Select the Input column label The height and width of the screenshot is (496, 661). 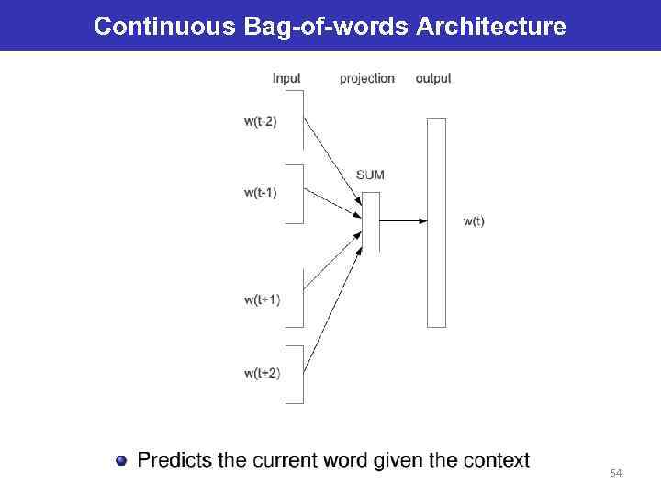pyautogui.click(x=286, y=78)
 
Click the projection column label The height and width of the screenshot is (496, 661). pyautogui.click(x=367, y=78)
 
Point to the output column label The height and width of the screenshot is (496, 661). pyautogui.click(x=433, y=78)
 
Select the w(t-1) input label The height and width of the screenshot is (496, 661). pyautogui.click(x=261, y=192)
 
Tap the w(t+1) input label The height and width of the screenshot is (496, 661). pyautogui.click(x=262, y=299)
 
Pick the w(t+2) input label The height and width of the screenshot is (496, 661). pyautogui.click(x=262, y=372)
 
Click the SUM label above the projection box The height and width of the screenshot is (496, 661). pyautogui.click(x=370, y=175)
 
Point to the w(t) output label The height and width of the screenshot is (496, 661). pyautogui.click(x=474, y=220)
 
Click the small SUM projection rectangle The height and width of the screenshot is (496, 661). pyautogui.click(x=371, y=220)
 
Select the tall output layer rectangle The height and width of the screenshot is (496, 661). pyautogui.click(x=436, y=222)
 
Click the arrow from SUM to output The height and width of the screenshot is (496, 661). pyautogui.click(x=402, y=220)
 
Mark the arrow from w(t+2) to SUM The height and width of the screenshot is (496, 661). pyautogui.click(x=332, y=303)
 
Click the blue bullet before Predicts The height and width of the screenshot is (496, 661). pyautogui.click(x=121, y=459)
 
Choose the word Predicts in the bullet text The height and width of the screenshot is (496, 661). pyautogui.click(x=174, y=459)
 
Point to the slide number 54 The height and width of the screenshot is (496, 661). pyautogui.click(x=616, y=473)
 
